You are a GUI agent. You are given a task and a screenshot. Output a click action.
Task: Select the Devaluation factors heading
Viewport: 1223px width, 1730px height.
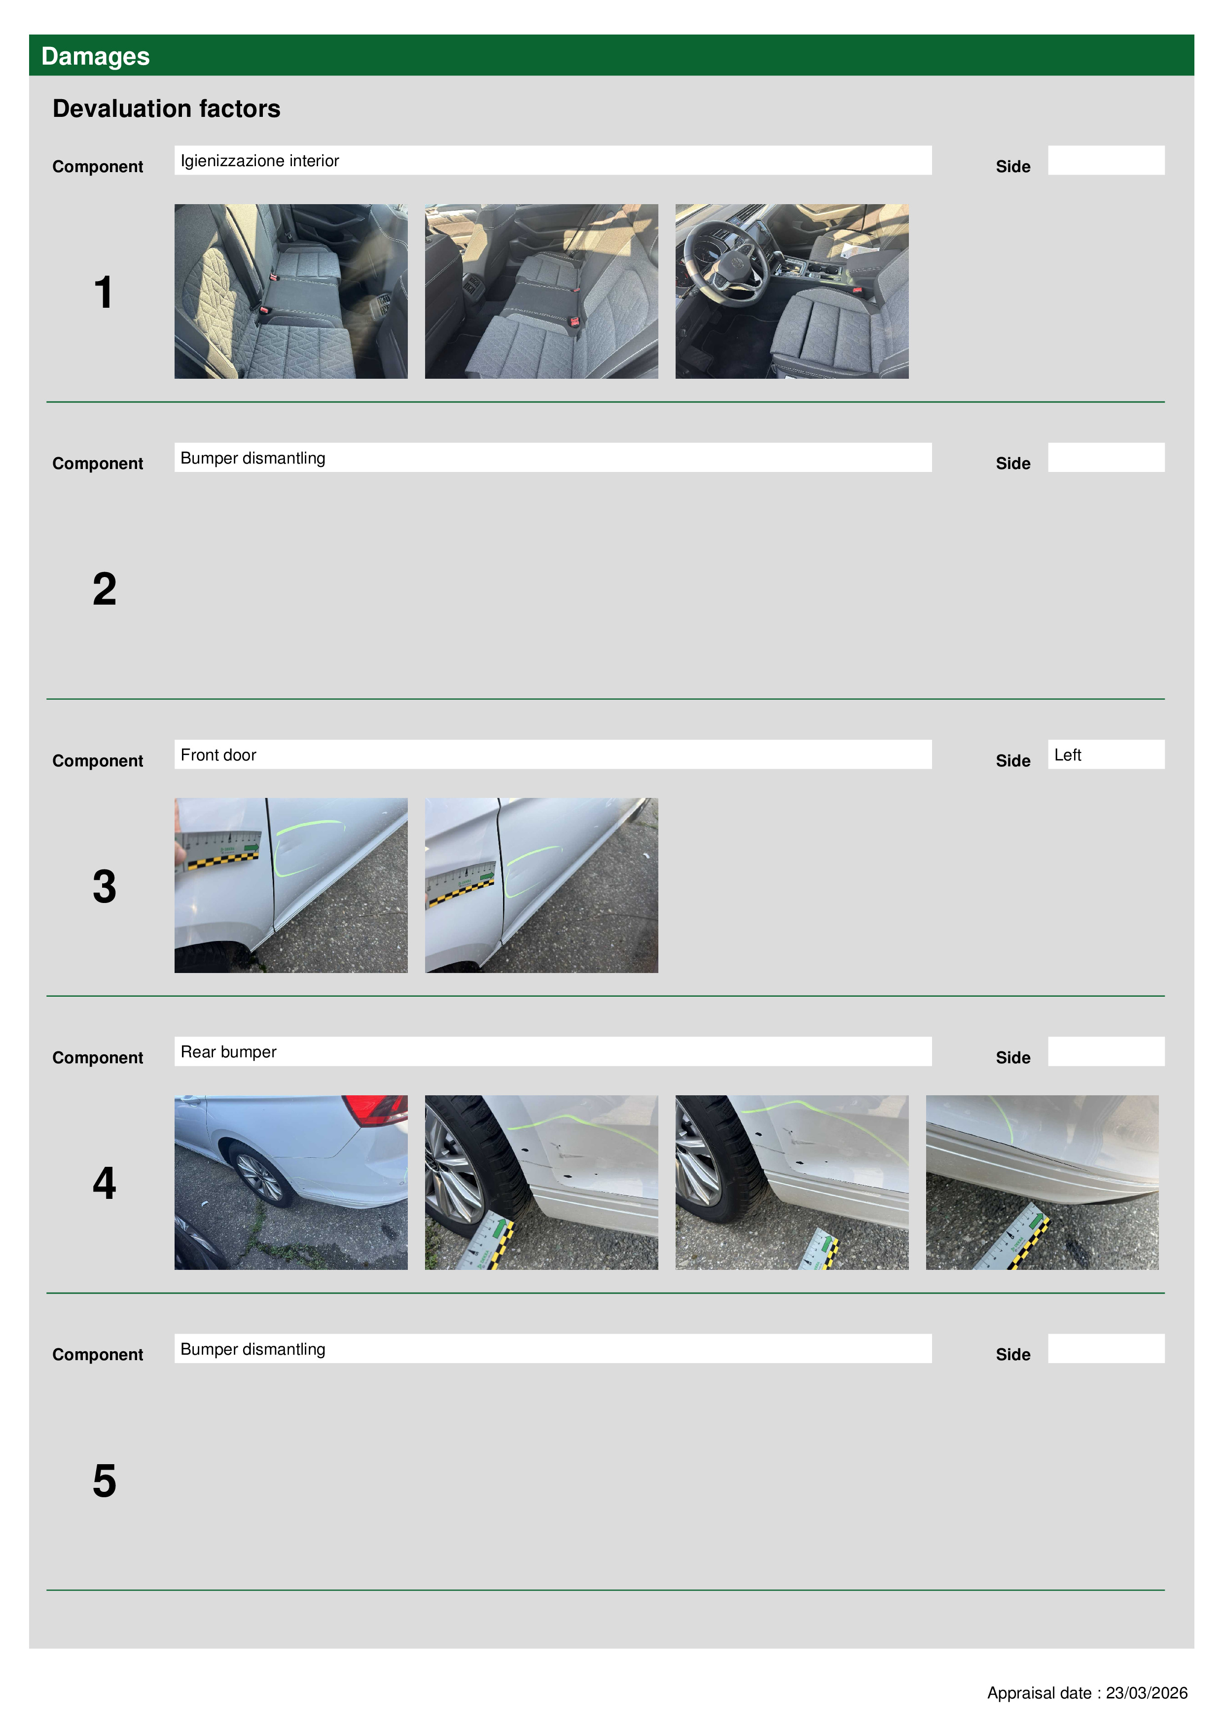(167, 108)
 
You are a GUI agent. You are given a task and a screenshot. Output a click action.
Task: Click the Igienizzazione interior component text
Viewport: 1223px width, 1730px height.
(260, 160)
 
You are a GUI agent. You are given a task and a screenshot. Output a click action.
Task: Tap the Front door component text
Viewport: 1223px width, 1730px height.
(218, 755)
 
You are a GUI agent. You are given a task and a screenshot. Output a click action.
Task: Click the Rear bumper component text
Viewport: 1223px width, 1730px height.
(228, 1052)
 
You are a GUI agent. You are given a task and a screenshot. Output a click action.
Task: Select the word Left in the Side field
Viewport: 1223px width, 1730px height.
(1068, 755)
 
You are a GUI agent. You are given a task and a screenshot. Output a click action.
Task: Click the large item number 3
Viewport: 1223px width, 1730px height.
(105, 886)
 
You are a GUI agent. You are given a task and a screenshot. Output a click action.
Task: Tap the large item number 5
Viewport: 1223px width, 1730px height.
(105, 1480)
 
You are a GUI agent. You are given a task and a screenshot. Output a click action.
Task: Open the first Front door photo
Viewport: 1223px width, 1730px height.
(291, 885)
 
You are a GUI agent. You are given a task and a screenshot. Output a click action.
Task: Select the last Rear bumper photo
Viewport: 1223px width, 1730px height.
(1042, 1182)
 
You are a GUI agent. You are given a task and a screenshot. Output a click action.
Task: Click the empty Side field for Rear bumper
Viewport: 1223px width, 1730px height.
(1106, 1051)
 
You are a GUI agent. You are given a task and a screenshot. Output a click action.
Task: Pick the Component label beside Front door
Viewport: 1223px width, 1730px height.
(98, 761)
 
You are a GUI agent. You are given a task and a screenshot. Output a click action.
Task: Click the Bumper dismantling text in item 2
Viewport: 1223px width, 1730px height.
(253, 458)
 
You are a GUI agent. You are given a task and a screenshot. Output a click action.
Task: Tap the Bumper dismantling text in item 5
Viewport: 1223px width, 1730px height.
(253, 1349)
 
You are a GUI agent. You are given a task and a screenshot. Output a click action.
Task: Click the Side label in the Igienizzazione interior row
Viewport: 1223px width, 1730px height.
(1013, 167)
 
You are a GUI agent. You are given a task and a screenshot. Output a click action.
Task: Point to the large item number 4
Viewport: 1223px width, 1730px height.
(105, 1183)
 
